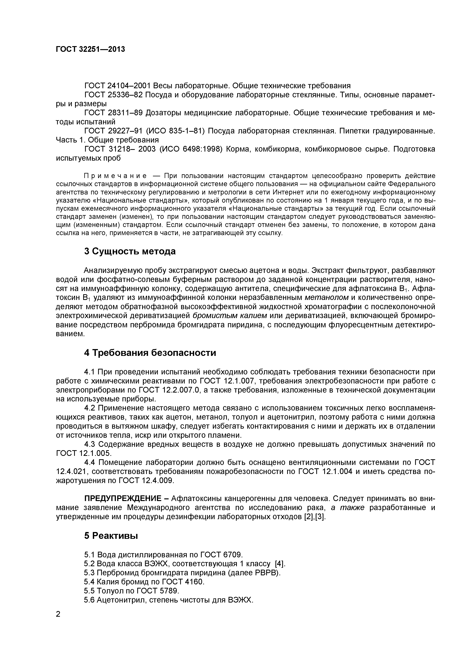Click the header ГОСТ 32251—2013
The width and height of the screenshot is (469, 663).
[x=90, y=49]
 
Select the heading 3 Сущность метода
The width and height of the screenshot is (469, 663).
[x=130, y=251]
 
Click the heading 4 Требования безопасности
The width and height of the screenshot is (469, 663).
[x=150, y=353]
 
